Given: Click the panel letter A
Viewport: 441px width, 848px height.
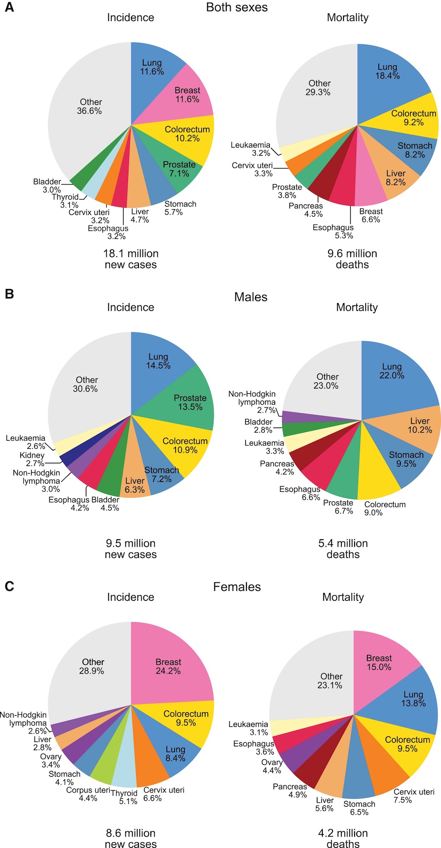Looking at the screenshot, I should tap(9, 7).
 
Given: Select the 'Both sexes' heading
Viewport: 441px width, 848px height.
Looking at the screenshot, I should tap(237, 7).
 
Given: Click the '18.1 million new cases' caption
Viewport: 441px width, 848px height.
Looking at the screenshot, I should tap(131, 259).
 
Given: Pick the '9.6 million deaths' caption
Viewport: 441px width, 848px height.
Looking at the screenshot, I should tap(352, 259).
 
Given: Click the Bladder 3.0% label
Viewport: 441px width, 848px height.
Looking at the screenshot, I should tap(47, 185).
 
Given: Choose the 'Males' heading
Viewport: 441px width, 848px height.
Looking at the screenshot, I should tap(250, 297).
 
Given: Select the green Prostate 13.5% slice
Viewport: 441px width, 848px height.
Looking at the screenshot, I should tap(190, 402).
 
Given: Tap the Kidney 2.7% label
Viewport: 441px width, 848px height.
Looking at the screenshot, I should tap(32, 459).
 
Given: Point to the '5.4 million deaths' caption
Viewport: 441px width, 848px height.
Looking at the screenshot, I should tap(343, 548).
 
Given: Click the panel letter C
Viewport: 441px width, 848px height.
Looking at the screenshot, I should tap(9, 586).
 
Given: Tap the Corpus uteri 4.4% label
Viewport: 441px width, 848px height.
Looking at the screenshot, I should tap(88, 794).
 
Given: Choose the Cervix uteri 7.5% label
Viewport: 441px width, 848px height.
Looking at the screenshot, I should tap(414, 796).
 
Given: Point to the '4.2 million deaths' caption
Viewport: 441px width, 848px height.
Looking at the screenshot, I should tap(343, 838).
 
